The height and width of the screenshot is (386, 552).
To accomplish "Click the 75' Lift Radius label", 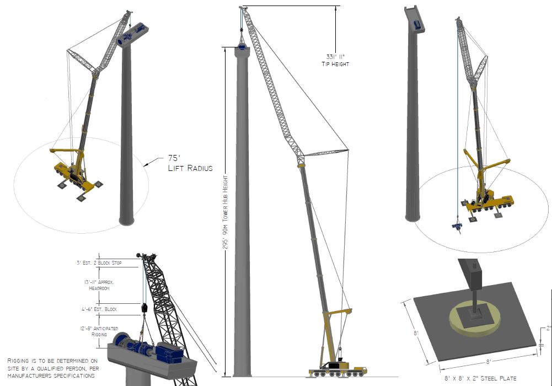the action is (x=190, y=163).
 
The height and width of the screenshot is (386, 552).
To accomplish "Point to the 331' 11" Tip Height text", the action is (x=335, y=60).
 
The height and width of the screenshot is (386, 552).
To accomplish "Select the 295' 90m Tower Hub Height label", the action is (x=226, y=212).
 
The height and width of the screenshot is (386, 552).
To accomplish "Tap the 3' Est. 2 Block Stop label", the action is (x=99, y=263).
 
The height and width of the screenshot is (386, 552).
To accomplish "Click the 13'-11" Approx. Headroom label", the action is (x=99, y=285).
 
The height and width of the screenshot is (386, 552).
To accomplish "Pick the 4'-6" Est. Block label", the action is (x=99, y=309).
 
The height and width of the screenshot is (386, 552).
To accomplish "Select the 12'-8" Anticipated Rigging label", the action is (x=99, y=331).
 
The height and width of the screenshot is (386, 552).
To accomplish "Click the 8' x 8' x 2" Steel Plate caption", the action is (x=480, y=379).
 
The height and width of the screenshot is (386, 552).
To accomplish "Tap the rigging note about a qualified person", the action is (x=53, y=368).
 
